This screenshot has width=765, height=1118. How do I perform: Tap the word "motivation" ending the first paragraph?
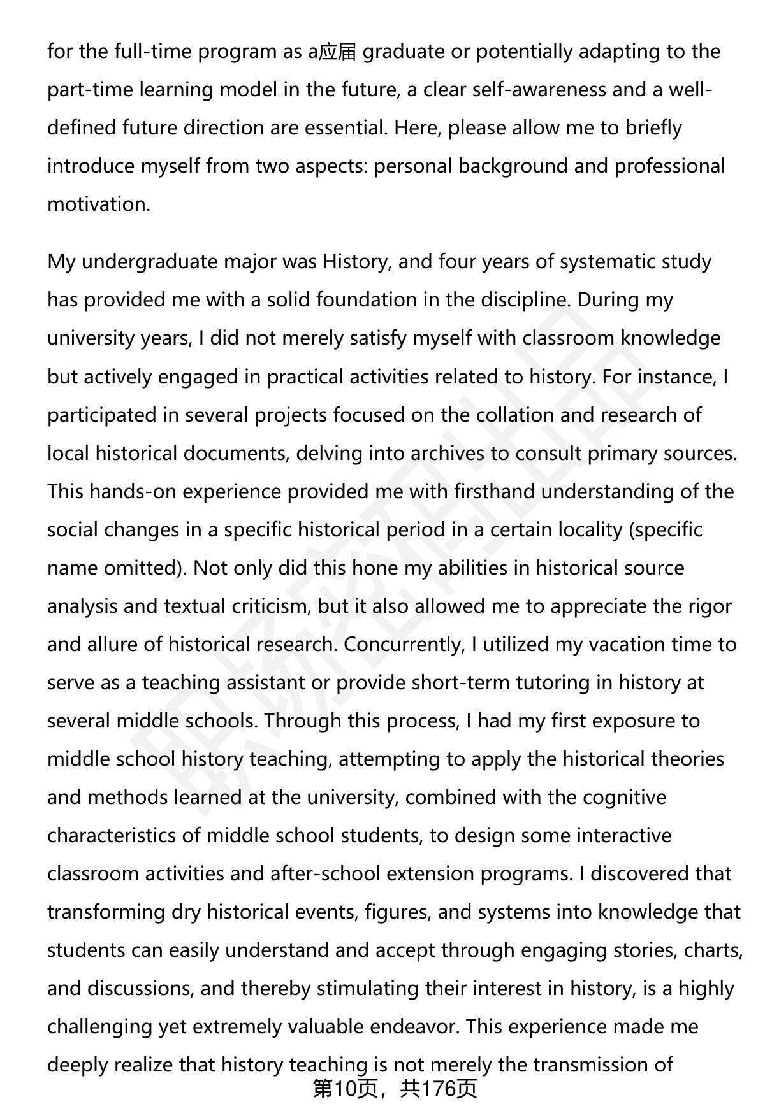pyautogui.click(x=97, y=204)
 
